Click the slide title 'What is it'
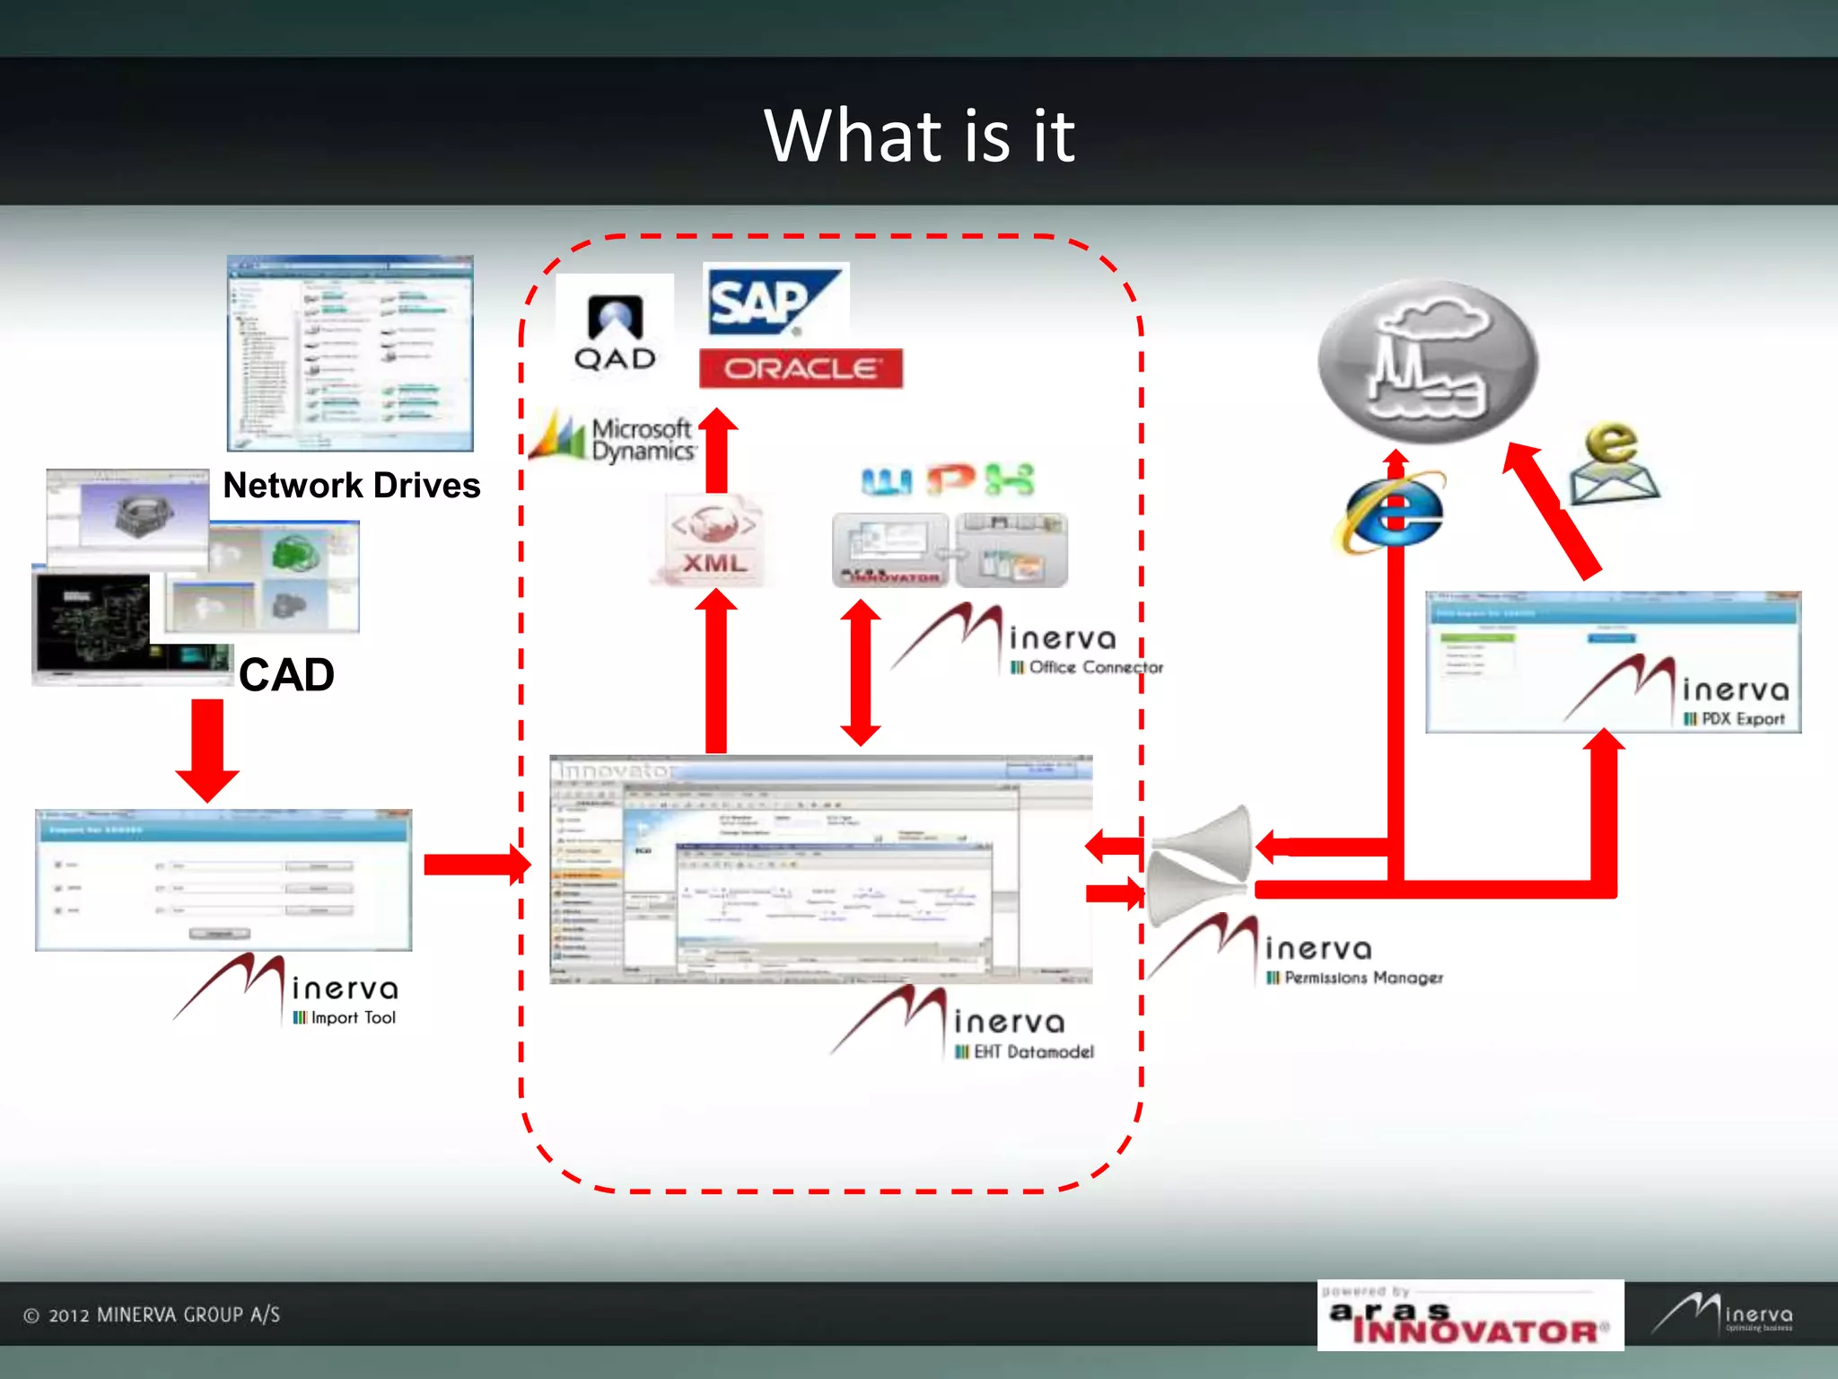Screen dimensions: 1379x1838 pos(919,136)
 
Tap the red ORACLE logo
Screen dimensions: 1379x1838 pos(801,368)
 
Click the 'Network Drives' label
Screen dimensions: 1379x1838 pos(351,486)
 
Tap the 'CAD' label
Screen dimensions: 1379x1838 pos(286,675)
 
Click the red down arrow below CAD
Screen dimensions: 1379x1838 pos(207,750)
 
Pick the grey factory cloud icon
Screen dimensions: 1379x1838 pos(1428,362)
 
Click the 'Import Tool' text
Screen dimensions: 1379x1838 pos(353,1018)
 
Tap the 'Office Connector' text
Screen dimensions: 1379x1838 pos(1095,668)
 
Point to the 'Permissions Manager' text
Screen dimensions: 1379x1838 pos(1363,978)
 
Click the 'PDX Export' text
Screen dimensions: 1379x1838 pos(1742,719)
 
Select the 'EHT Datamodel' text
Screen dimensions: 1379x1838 pos(1033,1052)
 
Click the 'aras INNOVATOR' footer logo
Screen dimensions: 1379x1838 pos(1470,1316)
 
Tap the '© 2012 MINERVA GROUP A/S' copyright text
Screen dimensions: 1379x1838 pos(153,1315)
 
